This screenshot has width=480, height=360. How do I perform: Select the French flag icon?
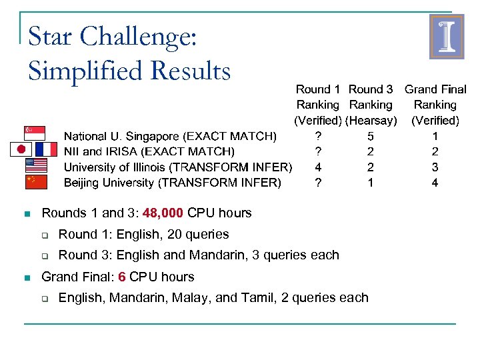pos(46,149)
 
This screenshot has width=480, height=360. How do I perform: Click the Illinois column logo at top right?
pos(446,37)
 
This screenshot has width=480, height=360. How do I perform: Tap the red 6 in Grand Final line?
pos(122,277)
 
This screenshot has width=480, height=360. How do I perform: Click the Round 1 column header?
pos(318,89)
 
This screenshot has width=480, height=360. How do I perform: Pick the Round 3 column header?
pos(371,89)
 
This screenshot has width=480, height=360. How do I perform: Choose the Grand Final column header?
pos(435,89)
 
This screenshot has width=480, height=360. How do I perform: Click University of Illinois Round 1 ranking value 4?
pos(318,167)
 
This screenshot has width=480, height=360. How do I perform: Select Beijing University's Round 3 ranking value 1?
pos(371,183)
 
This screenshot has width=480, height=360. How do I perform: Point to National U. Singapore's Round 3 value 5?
pos(371,137)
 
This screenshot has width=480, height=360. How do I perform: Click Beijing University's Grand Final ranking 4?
pos(435,183)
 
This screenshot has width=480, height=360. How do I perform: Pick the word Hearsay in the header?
pos(371,121)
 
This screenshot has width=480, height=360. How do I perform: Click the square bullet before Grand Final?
pos(26,277)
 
